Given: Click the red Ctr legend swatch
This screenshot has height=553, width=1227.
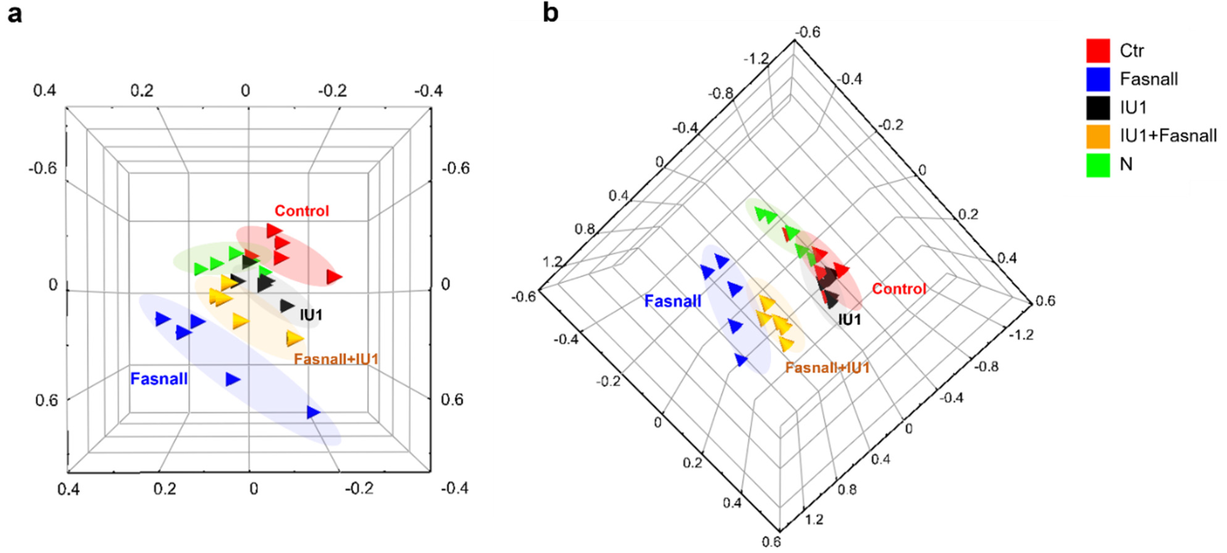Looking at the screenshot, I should (x=1098, y=50).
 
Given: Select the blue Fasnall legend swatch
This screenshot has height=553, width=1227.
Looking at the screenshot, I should (x=1098, y=79).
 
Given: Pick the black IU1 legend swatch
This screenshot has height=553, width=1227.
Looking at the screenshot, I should (x=1098, y=108).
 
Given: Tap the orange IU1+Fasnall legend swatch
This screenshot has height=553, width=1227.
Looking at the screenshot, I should (x=1098, y=136).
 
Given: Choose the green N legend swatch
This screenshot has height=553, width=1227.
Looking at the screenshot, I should (x=1098, y=165).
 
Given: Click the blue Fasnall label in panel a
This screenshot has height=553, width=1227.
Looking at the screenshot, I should (x=159, y=379).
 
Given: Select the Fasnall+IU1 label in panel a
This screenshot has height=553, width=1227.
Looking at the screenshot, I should (x=336, y=359).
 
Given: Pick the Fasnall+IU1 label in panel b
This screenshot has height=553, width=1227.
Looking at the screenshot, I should (x=827, y=368).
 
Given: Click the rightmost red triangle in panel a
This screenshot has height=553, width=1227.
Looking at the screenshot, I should (x=334, y=277).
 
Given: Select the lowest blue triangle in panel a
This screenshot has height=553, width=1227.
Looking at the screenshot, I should (x=313, y=412).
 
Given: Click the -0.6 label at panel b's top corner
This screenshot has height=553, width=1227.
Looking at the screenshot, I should (x=808, y=32).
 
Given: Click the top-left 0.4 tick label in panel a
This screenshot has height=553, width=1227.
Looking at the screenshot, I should (x=44, y=91).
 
